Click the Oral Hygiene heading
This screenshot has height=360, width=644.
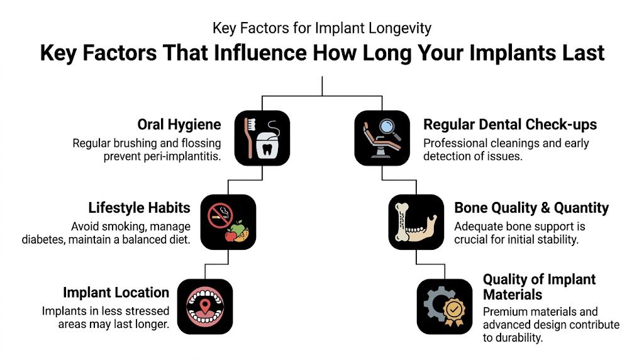(x=179, y=125)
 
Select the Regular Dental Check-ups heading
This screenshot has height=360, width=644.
(x=509, y=125)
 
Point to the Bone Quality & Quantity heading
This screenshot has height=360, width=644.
(x=531, y=208)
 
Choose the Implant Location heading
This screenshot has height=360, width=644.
(x=116, y=292)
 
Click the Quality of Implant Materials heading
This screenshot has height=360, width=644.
(x=539, y=286)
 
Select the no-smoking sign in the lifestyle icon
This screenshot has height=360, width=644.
(x=218, y=214)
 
